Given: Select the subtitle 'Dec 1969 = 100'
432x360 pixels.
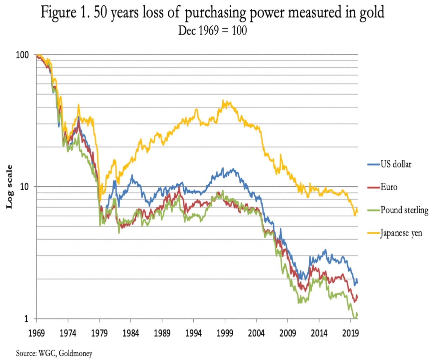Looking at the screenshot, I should pos(212,31).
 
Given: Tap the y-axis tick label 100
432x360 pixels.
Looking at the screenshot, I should pos(22,55).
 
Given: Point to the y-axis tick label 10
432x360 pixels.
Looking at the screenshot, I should pos(24,187).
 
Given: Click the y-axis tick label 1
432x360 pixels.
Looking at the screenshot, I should pos(26,318).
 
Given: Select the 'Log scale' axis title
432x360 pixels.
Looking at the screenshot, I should pos(9,187).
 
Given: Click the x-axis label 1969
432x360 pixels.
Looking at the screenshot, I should pos(36,333).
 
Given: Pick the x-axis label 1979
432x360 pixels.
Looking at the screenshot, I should pos(99,333).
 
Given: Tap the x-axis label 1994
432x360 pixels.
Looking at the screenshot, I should pos(193,333).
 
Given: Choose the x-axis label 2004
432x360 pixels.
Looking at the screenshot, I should pos(256,333).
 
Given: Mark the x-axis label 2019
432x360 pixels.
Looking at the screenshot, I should pos(350,333).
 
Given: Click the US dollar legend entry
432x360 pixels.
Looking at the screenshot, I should pos(396,164).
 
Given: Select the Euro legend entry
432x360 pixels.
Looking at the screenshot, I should pos(389,187).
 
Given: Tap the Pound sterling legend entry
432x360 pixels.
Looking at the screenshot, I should pos(404,210).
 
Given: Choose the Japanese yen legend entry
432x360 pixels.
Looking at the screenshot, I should pos(401,233).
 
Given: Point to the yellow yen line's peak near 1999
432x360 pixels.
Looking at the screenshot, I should pos(223,100).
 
